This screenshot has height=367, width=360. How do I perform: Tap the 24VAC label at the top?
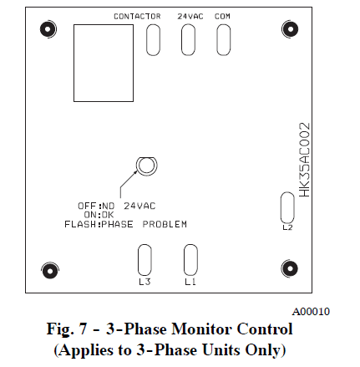189,16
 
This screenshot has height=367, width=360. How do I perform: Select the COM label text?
223,16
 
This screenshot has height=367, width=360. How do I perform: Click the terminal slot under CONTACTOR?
154,40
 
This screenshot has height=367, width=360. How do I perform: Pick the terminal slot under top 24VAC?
189,40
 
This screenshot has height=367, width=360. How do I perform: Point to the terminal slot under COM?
223,40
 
